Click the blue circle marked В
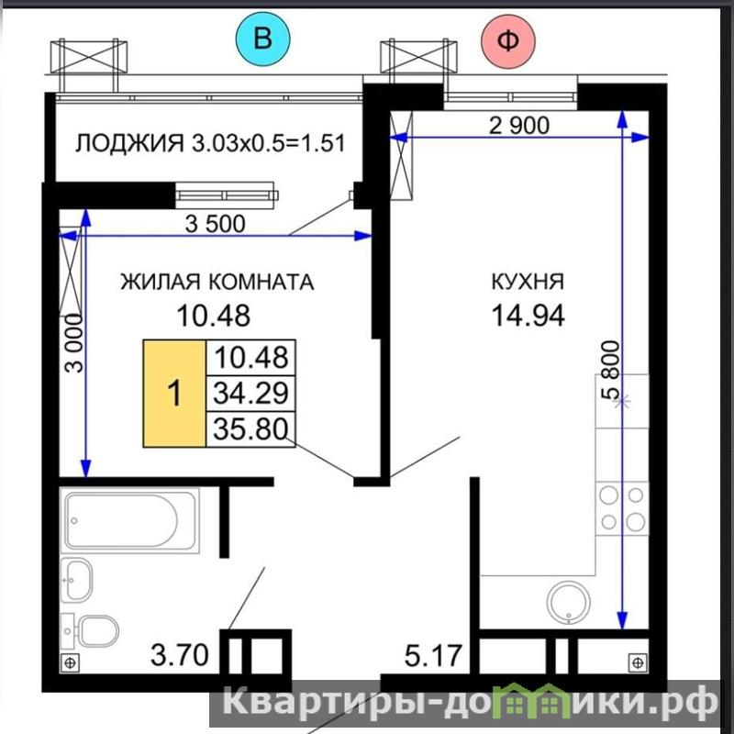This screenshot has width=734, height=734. [x=262, y=39]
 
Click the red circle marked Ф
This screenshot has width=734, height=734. [x=508, y=40]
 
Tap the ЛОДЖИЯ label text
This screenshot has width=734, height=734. [x=129, y=143]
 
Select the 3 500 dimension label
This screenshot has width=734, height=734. [x=215, y=224]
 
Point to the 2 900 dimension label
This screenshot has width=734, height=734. [x=519, y=126]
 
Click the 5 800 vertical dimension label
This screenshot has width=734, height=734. [x=611, y=370]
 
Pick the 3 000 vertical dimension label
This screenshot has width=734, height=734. [x=74, y=343]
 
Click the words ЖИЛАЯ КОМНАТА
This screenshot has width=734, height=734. [x=217, y=282]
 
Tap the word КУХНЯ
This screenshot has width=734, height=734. [x=528, y=282]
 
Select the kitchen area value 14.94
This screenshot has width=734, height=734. [x=528, y=315]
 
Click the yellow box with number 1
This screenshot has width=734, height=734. [x=174, y=394]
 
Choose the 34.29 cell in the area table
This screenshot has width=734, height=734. [x=250, y=394]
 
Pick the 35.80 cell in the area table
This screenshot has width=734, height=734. [x=250, y=429]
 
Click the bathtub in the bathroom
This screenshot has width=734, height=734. [x=129, y=520]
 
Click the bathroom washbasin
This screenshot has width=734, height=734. [x=76, y=580]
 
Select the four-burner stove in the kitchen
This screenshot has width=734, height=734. [x=622, y=508]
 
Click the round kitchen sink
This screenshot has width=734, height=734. [x=569, y=604]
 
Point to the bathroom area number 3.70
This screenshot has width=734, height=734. [x=180, y=654]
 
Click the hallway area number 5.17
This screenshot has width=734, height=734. [x=433, y=655]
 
